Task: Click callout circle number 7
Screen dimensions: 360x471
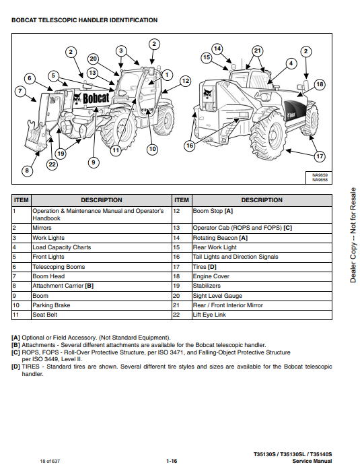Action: (x=20, y=91)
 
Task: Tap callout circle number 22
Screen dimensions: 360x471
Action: (x=52, y=164)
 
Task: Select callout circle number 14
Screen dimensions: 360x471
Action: (x=217, y=49)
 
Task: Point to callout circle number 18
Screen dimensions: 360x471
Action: (x=320, y=84)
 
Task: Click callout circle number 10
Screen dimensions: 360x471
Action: (x=152, y=149)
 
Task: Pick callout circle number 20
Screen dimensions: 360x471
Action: (x=94, y=59)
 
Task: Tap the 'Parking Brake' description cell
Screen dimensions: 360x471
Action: (x=102, y=305)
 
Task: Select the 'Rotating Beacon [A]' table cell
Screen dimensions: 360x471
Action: (x=262, y=238)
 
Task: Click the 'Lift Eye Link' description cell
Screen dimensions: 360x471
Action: (x=262, y=315)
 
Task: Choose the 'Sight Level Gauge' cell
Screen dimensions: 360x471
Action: (x=262, y=296)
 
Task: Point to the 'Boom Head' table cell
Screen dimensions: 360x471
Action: (x=102, y=276)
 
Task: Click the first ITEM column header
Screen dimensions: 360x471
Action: (x=22, y=200)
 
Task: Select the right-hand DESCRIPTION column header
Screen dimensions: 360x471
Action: (x=262, y=200)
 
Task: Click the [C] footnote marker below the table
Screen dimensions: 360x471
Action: (x=15, y=352)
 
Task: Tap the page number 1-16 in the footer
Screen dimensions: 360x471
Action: (x=172, y=461)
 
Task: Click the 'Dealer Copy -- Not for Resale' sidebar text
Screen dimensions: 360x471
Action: (x=353, y=235)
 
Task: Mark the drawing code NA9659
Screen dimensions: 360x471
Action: (x=320, y=175)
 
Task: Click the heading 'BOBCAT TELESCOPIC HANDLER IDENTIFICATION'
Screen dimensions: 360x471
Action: (x=84, y=20)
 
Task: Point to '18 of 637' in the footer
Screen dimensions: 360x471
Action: (x=50, y=461)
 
